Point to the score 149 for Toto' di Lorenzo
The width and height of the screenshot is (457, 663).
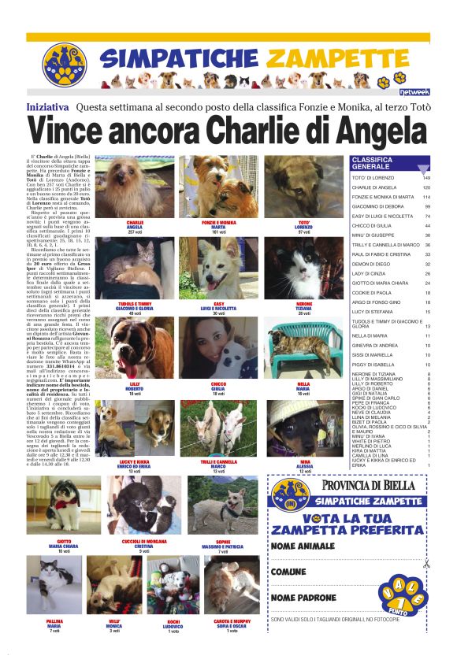click(426, 178)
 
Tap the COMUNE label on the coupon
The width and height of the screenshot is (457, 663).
click(288, 572)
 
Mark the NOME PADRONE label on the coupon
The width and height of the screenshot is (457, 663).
click(303, 598)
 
